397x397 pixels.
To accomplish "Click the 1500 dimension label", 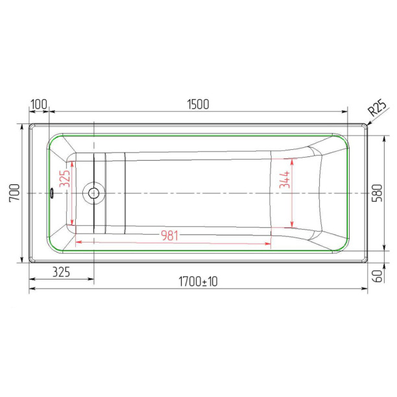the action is [198, 104].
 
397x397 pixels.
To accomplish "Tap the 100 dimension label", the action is [39, 104].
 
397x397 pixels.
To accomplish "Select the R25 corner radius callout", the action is [378, 108].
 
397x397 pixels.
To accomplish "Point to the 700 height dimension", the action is [14, 193].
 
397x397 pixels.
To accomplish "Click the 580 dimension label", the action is [377, 193].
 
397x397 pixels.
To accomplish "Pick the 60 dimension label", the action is [378, 276].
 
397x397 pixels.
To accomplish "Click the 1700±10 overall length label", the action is [198, 282].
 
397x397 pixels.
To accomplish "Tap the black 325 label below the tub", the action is [61, 272].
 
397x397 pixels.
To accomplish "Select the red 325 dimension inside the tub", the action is [64, 178].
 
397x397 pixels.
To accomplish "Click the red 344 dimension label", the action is [284, 179].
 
